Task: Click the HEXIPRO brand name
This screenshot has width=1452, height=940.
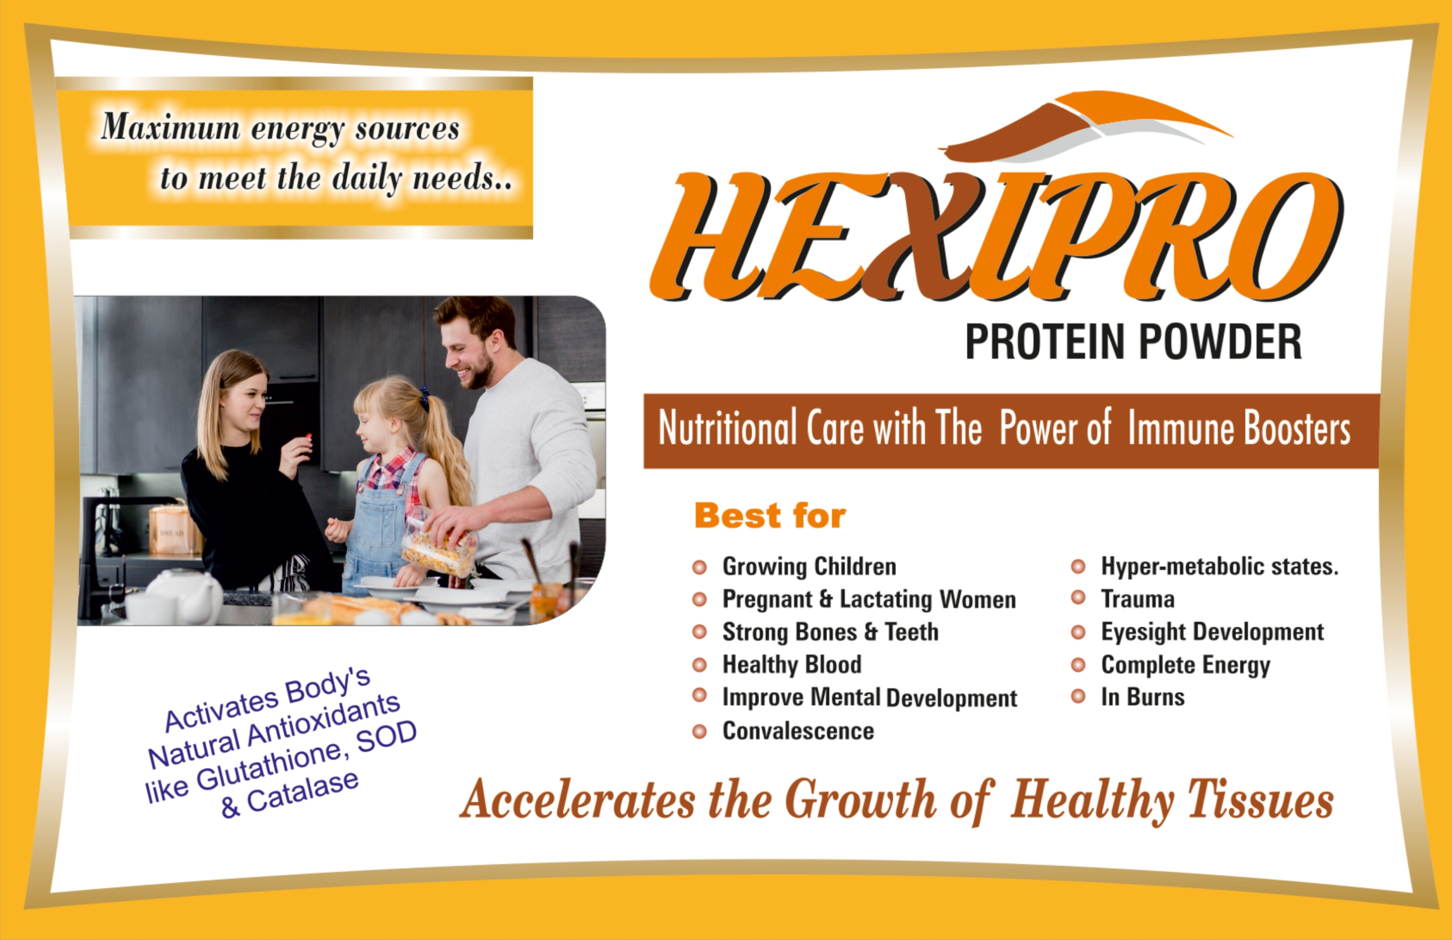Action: pos(996,236)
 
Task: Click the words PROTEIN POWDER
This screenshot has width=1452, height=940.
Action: pos(1134,342)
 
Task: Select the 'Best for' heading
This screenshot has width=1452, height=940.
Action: pos(770,516)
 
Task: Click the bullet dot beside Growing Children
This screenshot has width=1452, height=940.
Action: pos(699,567)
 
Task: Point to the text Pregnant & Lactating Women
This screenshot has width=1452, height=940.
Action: pos(869,599)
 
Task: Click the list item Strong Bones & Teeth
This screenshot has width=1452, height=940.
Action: pos(830,632)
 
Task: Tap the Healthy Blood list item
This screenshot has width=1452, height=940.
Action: pos(792,664)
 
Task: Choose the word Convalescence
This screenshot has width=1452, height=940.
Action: pos(798,730)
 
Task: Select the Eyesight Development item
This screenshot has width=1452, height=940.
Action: pos(1212,632)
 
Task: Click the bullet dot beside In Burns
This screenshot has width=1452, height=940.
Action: pos(1078,696)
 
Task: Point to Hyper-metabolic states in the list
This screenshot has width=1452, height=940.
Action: pos(1220,566)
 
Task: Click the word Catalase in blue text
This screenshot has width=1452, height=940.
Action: pos(302,792)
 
